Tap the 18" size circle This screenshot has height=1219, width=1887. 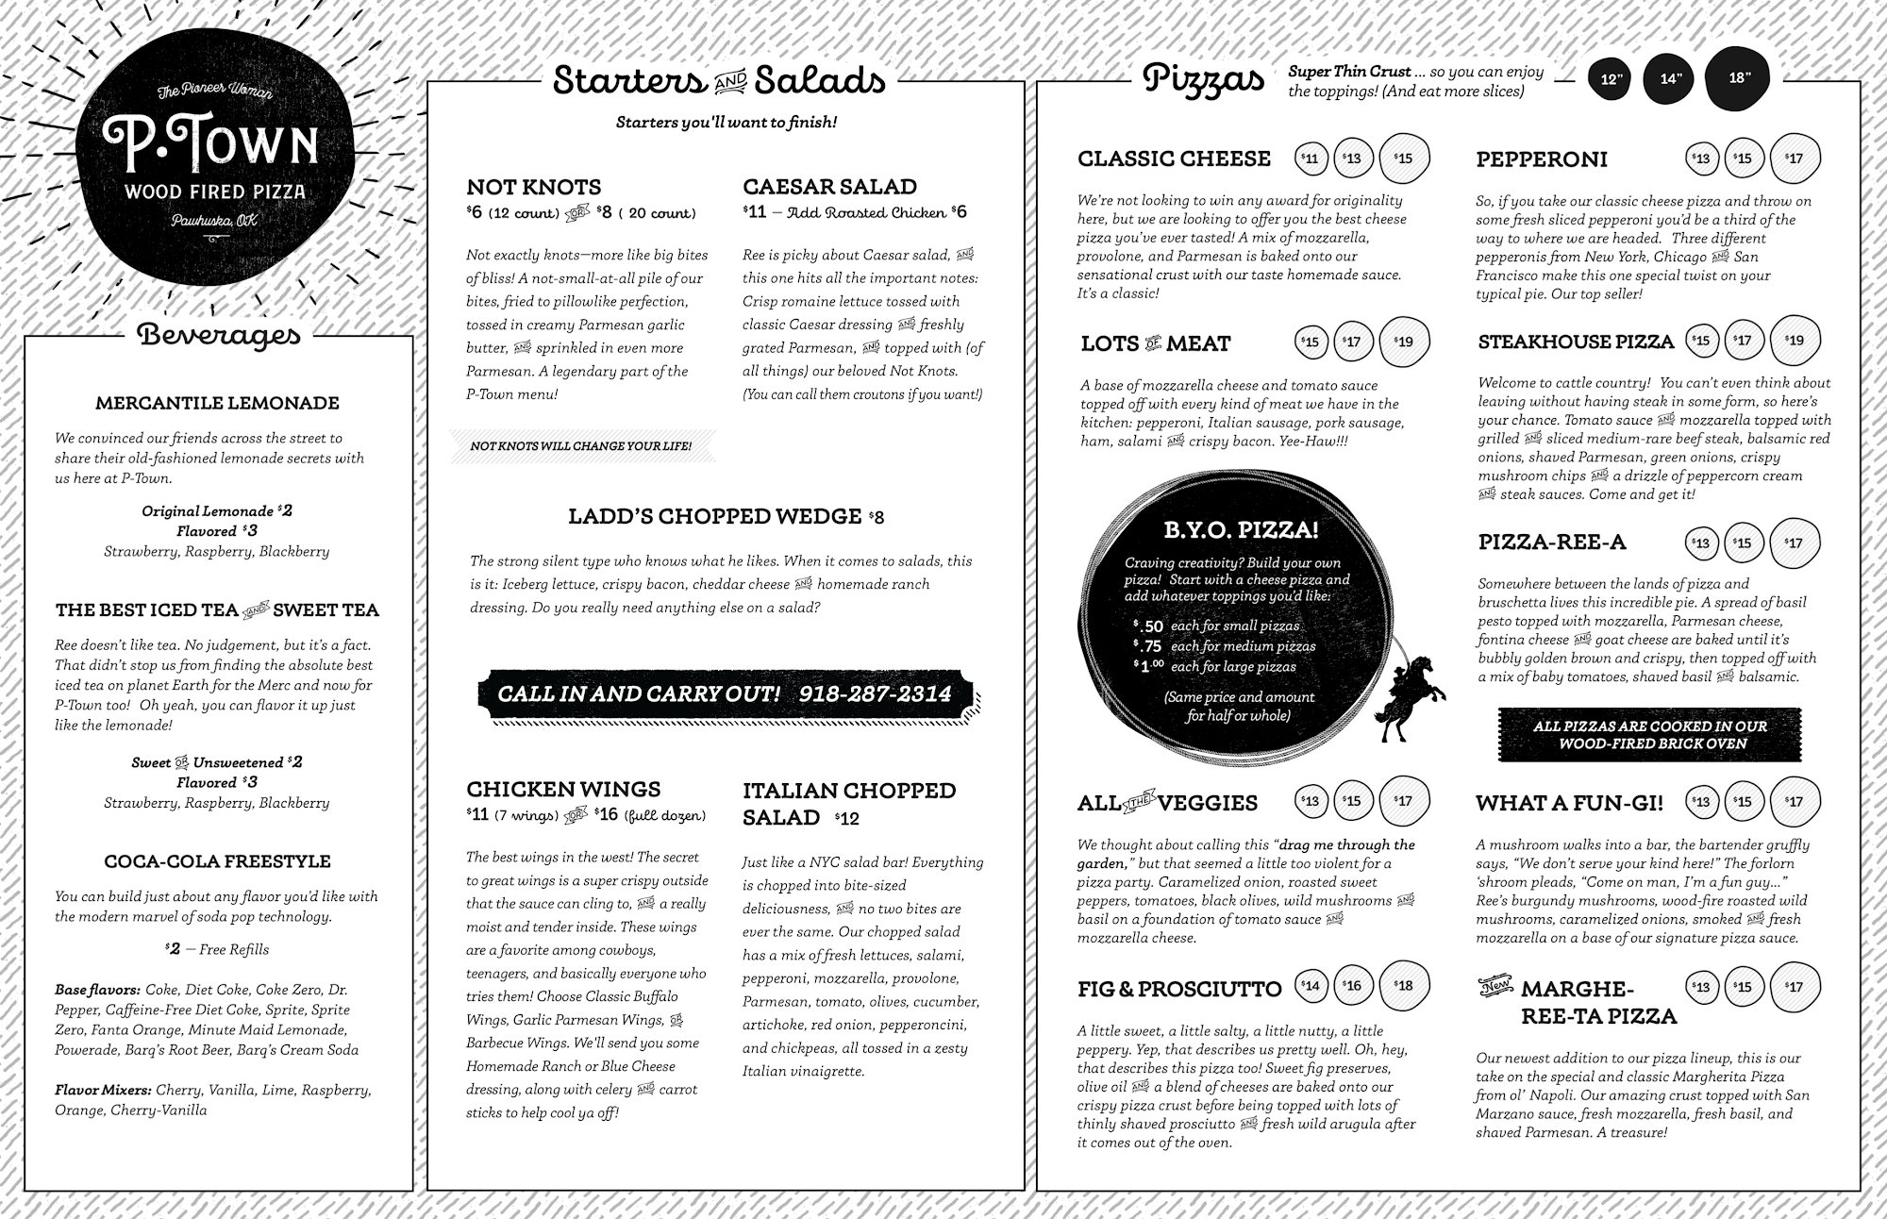(1738, 78)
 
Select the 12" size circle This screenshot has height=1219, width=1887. (1611, 79)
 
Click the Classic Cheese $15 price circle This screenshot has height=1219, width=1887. (1404, 158)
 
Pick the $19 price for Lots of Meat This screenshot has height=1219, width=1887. (1404, 342)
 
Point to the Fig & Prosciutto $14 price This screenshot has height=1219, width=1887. (1310, 986)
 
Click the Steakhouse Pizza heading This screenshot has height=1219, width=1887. (1576, 342)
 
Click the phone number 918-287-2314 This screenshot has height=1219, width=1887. (875, 694)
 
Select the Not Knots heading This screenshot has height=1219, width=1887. (533, 187)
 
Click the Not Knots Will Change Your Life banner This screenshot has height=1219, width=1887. (581, 445)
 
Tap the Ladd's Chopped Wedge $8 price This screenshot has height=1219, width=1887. (877, 517)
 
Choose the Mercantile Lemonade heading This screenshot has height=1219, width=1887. (217, 403)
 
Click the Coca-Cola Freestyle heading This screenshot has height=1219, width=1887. (217, 861)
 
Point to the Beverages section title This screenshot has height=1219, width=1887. (219, 335)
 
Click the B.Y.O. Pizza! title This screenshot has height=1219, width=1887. (1241, 530)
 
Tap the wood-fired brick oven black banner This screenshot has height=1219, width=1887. (1649, 734)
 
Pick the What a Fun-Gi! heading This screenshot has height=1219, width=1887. (1569, 803)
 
